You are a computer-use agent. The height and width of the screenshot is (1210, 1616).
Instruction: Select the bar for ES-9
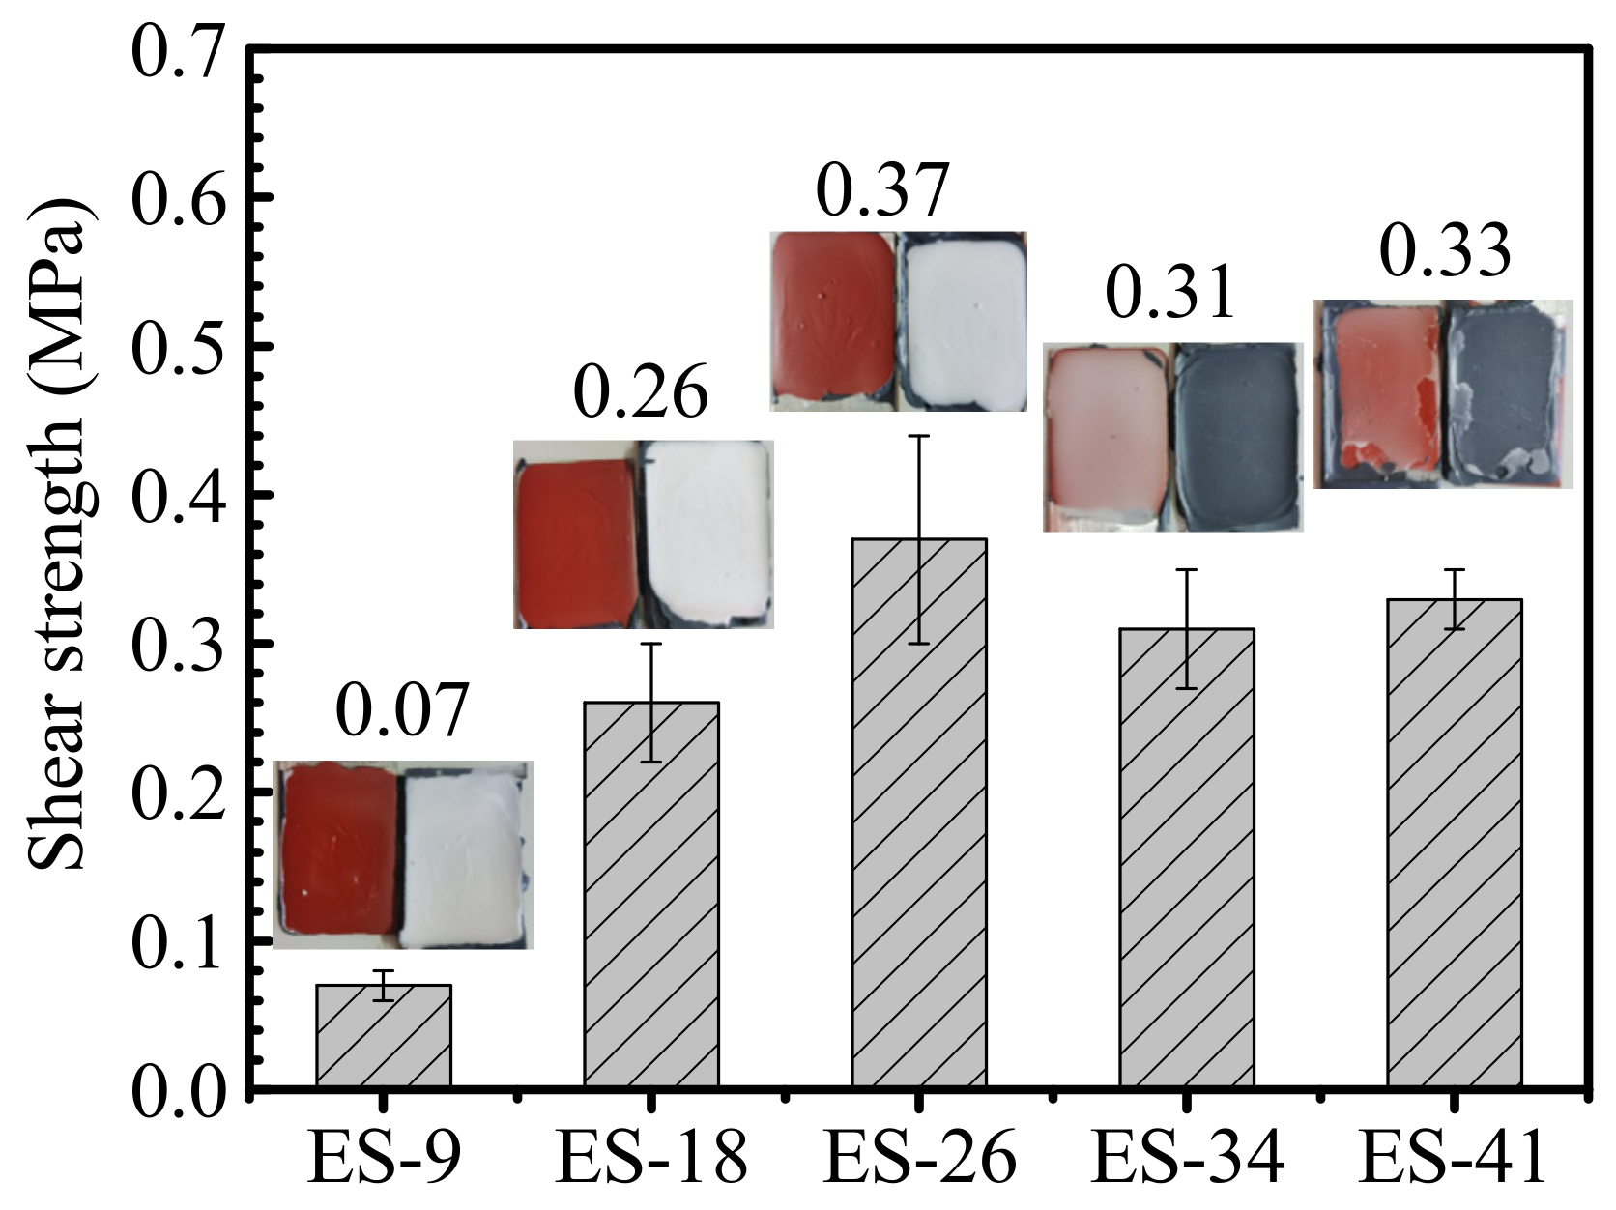pyautogui.click(x=384, y=1035)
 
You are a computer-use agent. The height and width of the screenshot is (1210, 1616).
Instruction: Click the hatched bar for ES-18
pyautogui.click(x=651, y=894)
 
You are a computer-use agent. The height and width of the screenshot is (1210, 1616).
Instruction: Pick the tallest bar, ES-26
pyautogui.click(x=919, y=812)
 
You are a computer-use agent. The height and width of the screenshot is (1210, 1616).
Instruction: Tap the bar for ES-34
pyautogui.click(x=1187, y=856)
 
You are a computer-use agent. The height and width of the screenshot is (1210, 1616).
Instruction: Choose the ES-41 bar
pyautogui.click(x=1455, y=842)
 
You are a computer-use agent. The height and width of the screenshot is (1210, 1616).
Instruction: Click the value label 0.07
pyautogui.click(x=402, y=709)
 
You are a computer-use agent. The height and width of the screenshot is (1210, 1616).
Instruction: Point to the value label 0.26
pyautogui.click(x=641, y=390)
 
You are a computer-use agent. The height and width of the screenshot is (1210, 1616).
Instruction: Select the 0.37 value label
pyautogui.click(x=882, y=190)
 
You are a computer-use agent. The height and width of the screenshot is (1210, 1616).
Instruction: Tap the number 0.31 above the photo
pyautogui.click(x=1170, y=292)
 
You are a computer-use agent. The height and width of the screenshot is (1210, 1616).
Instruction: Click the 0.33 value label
pyautogui.click(x=1445, y=250)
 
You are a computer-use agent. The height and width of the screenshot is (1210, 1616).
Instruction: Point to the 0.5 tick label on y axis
pyautogui.click(x=176, y=346)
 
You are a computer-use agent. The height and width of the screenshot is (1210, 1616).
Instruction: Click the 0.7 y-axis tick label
pyautogui.click(x=176, y=50)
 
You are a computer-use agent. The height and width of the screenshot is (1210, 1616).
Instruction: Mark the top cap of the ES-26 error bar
pyautogui.click(x=919, y=436)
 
